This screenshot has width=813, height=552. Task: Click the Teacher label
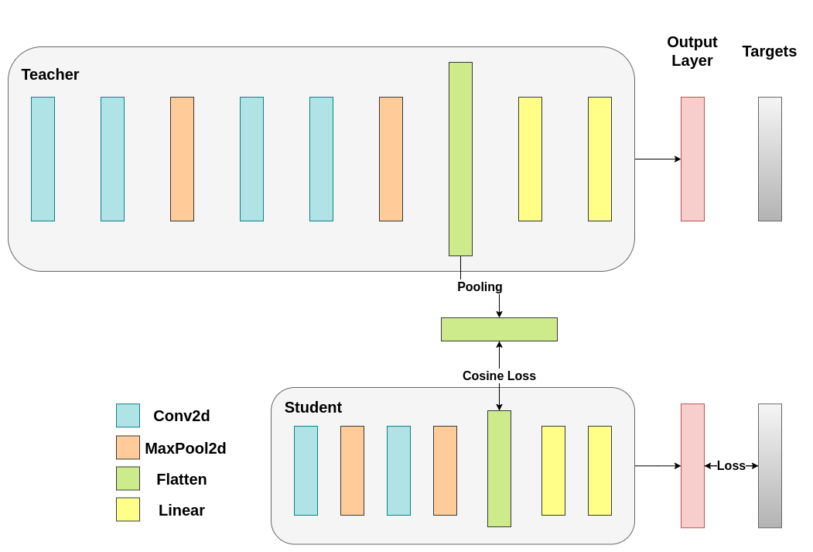pos(50,74)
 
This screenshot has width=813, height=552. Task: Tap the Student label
pos(313,407)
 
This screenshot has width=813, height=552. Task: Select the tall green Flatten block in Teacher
pos(460,159)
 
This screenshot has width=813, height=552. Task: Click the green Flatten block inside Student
pos(499,468)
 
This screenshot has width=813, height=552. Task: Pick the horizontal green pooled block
pos(499,329)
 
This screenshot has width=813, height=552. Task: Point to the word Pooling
pos(480,286)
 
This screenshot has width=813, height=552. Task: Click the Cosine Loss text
pos(499,375)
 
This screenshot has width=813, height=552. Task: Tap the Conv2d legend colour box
pos(128,416)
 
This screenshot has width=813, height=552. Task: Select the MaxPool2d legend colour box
pos(128,447)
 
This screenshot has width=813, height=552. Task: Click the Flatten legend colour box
pos(128,478)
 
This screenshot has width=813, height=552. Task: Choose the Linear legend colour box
pos(128,509)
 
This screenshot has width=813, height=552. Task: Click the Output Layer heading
pos(692,51)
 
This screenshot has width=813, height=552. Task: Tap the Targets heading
pos(769,51)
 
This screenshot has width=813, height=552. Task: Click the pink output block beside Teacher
pos(692,159)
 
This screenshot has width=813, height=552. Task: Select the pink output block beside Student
pos(692,465)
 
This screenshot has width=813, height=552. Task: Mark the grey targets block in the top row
pos(770,159)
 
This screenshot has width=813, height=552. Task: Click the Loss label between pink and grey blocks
pos(731,465)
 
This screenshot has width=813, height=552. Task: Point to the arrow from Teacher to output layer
pos(658,159)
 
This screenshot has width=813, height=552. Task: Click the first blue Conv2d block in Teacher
pos(43,159)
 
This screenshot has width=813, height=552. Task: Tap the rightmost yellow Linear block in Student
pos(600,470)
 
